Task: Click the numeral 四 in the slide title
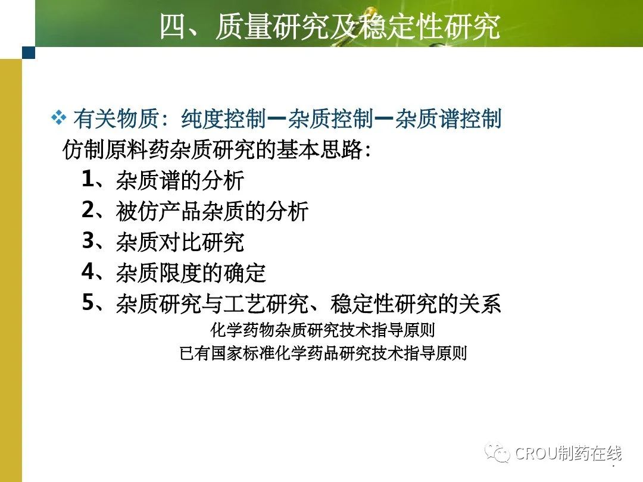173,27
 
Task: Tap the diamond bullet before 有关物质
58,118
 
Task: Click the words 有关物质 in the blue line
116,119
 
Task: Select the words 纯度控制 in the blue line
224,119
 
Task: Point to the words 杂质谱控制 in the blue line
448,119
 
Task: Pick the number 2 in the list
88,209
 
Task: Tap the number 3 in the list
88,240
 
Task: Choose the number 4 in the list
88,271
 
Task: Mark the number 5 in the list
88,302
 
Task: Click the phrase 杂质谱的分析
180,180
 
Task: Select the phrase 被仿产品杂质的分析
212,211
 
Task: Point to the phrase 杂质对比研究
180,242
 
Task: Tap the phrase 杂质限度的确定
191,273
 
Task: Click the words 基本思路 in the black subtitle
319,149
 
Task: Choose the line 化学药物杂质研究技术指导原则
322,330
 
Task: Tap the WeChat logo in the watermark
497,452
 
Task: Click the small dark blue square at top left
29,52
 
